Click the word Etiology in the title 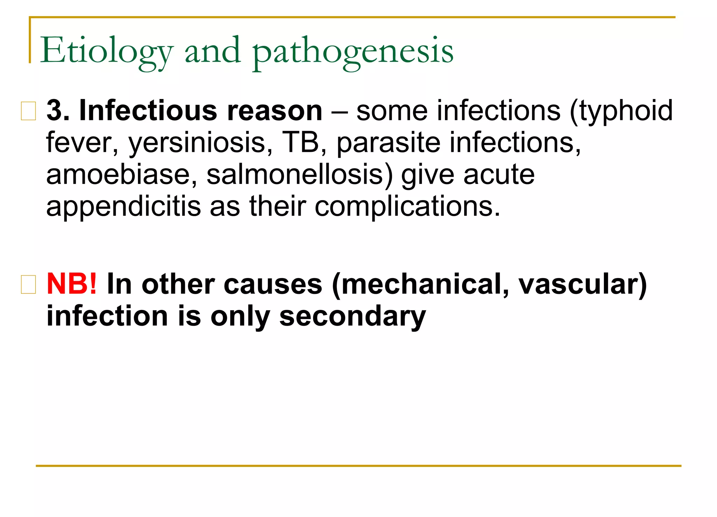point(107,51)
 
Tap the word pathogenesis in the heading point(353,51)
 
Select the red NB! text point(72,284)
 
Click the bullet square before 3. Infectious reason point(28,111)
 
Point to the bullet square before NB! point(28,284)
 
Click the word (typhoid point(621,111)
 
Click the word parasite point(388,143)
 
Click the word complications point(407,206)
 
